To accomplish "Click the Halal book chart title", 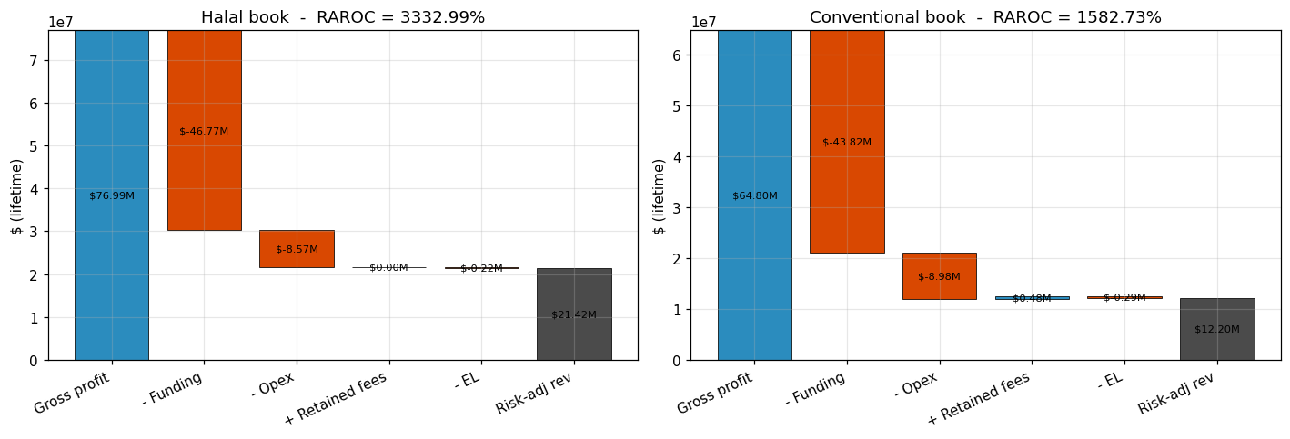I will [x=343, y=17].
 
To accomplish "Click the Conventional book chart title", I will [x=985, y=17].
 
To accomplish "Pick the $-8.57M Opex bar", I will [x=297, y=248].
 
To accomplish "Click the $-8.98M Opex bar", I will [x=939, y=275].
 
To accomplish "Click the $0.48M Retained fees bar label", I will [x=1032, y=298].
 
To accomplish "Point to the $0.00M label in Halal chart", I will [x=388, y=267].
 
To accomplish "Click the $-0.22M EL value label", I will [x=481, y=268].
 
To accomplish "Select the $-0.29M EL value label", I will [x=1124, y=297].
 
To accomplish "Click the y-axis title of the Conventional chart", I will [x=660, y=195].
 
